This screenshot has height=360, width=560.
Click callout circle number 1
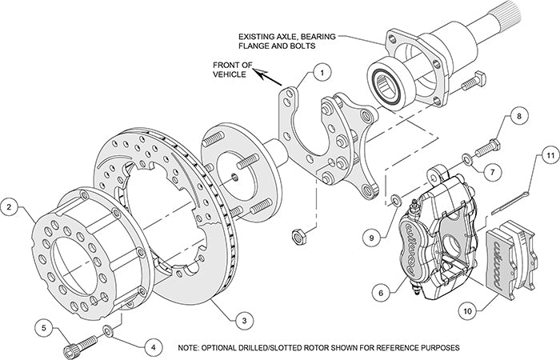click(x=320, y=73)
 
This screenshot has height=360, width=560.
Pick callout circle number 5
click(x=46, y=326)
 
